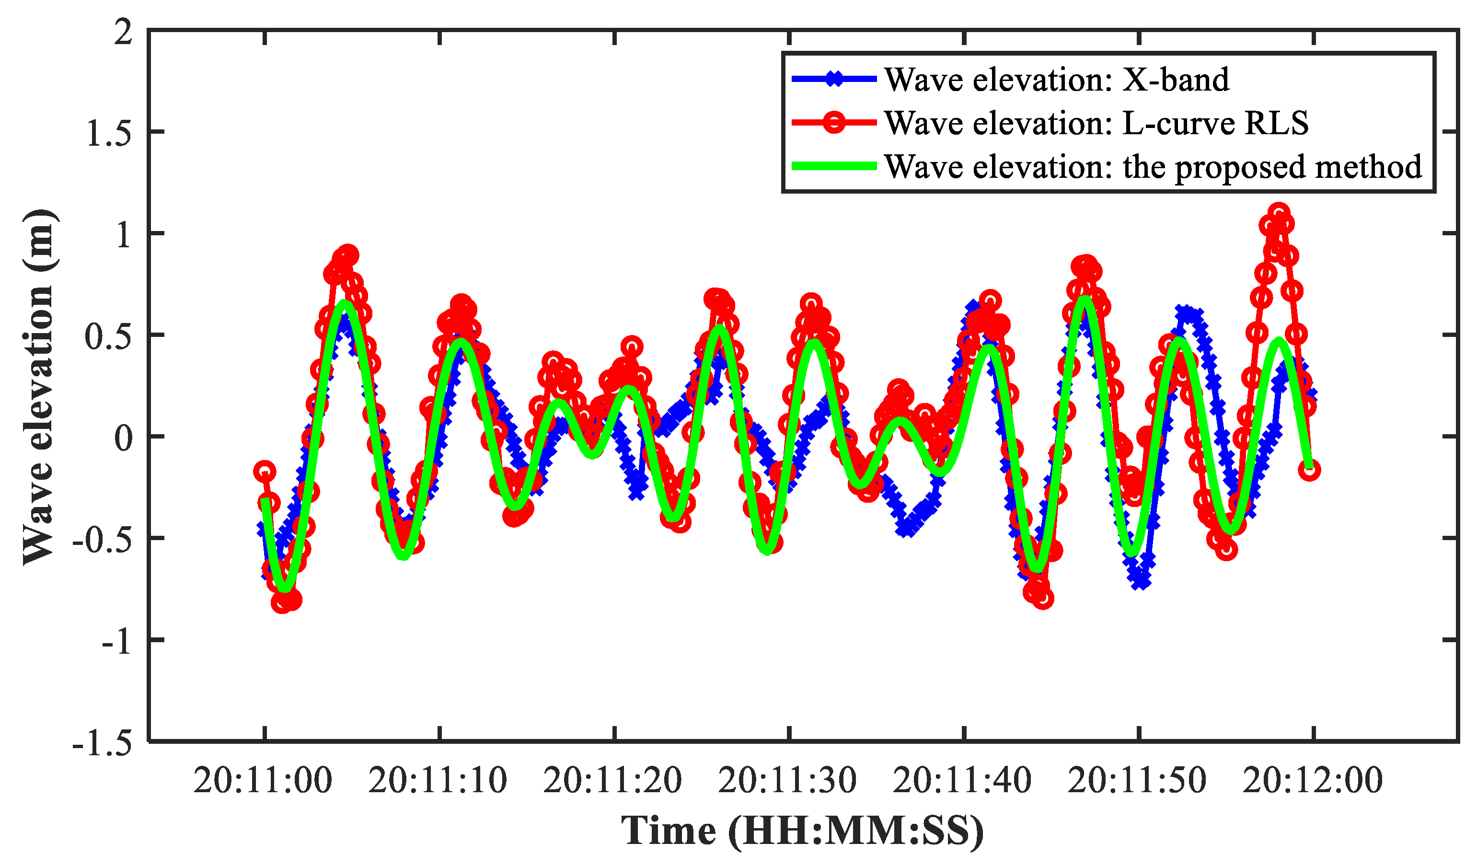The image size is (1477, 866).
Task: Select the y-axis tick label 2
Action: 123,32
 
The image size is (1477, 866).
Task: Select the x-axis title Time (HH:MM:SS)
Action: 802,831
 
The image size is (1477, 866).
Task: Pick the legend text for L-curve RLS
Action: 1096,123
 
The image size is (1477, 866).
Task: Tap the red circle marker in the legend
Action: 833,123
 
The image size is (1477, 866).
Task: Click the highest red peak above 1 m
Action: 1279,212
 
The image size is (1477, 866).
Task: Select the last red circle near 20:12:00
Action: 1310,470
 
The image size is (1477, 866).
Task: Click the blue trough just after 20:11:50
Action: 1141,582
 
